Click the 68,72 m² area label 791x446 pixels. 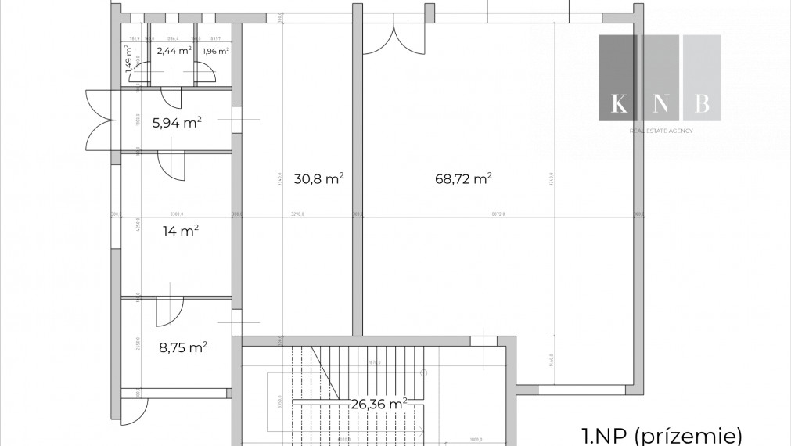coord(463,178)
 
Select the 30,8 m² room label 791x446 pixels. coord(318,178)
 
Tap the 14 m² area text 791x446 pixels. coord(180,230)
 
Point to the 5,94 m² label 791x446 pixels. coord(177,122)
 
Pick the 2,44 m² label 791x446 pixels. coord(174,51)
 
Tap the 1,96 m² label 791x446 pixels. coord(215,52)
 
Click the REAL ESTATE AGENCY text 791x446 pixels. coord(661,131)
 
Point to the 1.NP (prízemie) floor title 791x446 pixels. coord(661,435)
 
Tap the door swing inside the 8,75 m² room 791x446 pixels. coord(168,312)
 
